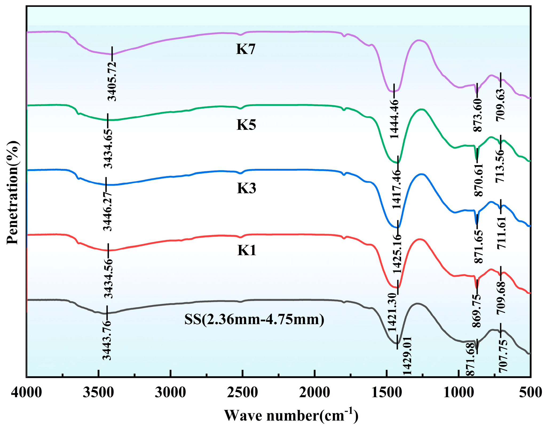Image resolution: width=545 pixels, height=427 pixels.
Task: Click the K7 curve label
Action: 246,49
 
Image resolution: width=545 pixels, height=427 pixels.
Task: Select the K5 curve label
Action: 246,125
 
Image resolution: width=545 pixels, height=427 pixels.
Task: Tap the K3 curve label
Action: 246,188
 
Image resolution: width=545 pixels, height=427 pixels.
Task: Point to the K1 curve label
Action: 247,250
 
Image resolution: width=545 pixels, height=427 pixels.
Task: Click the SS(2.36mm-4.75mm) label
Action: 254,319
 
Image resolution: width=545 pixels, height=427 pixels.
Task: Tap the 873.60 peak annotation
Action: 478,115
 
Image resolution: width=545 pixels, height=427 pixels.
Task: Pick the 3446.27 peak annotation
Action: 108,211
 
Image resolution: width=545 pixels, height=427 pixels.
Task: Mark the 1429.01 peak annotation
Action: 407,356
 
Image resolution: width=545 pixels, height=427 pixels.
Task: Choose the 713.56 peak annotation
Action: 500,166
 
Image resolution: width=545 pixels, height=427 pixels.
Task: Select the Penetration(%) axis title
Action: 13,192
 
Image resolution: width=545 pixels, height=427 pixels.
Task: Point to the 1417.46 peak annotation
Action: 397,189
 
